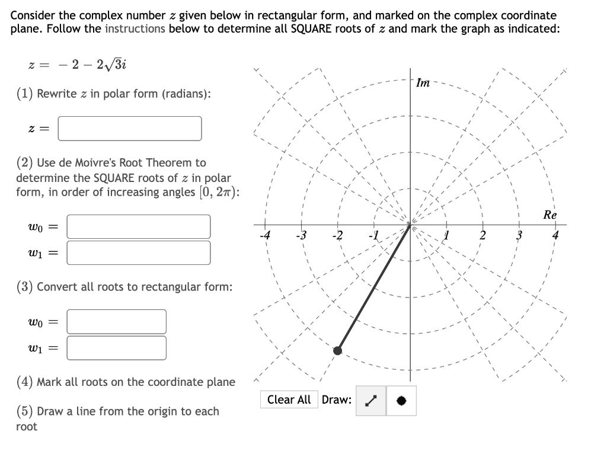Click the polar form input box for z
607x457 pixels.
(130, 128)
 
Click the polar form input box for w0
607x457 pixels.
(139, 226)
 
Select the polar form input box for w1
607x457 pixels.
(139, 253)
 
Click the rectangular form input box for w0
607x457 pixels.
(116, 321)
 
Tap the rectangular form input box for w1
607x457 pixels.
(116, 348)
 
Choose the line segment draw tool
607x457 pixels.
(371, 400)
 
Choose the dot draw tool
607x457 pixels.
(401, 400)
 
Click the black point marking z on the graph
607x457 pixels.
(337, 351)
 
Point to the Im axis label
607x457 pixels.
(423, 84)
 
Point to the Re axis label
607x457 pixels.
(550, 215)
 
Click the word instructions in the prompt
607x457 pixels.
(135, 28)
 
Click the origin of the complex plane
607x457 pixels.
(410, 225)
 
